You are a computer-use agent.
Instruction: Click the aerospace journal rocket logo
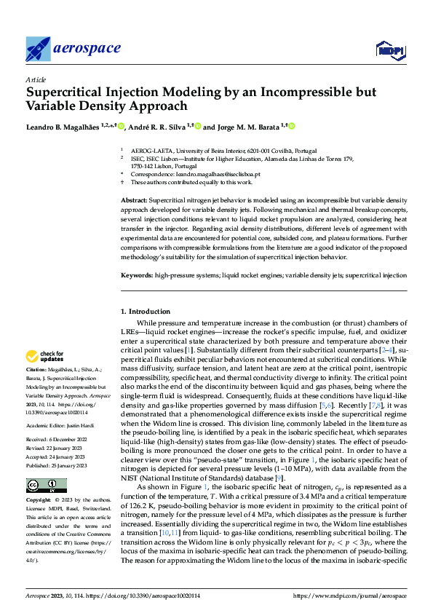coord(38,49)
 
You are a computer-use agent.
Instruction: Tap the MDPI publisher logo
coord(389,50)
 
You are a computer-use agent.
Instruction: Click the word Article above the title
coord(36,79)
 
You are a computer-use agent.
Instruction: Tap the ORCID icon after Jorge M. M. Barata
coord(292,127)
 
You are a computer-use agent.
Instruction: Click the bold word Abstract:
coord(134,199)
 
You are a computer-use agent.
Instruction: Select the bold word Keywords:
coord(136,276)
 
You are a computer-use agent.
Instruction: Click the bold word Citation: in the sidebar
coord(38,371)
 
